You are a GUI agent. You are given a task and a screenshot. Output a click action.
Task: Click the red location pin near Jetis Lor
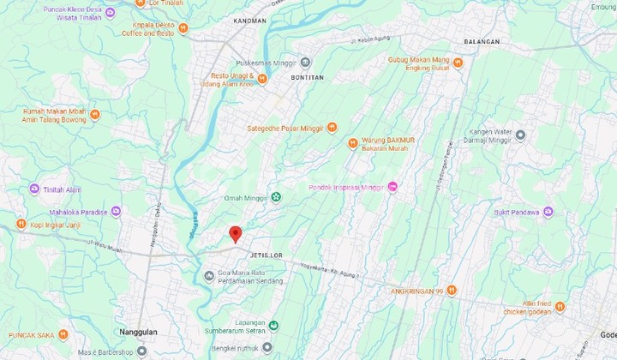(235, 233)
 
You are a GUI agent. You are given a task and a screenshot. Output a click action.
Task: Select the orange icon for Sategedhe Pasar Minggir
(332, 128)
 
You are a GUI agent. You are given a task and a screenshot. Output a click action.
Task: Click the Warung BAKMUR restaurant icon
(352, 143)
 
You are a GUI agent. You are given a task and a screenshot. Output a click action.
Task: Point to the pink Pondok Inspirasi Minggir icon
(392, 187)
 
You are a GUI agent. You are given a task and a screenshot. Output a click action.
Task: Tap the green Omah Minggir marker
(276, 197)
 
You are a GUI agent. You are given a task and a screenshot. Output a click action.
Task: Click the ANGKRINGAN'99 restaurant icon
(452, 290)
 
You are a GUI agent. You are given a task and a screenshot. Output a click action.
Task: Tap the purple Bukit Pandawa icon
(548, 212)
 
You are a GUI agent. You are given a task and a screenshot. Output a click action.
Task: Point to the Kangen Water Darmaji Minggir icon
(519, 135)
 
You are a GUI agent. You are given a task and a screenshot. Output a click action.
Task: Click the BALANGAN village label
(481, 41)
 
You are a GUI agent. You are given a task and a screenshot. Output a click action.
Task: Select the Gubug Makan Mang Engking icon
(458, 63)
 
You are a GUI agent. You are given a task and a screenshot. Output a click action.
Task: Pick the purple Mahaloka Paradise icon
(116, 211)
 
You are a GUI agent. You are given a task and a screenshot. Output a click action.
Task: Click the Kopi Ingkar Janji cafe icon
(21, 224)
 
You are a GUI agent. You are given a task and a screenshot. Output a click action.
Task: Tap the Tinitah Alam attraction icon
(34, 189)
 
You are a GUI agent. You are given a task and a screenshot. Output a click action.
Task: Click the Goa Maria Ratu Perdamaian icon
(210, 275)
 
